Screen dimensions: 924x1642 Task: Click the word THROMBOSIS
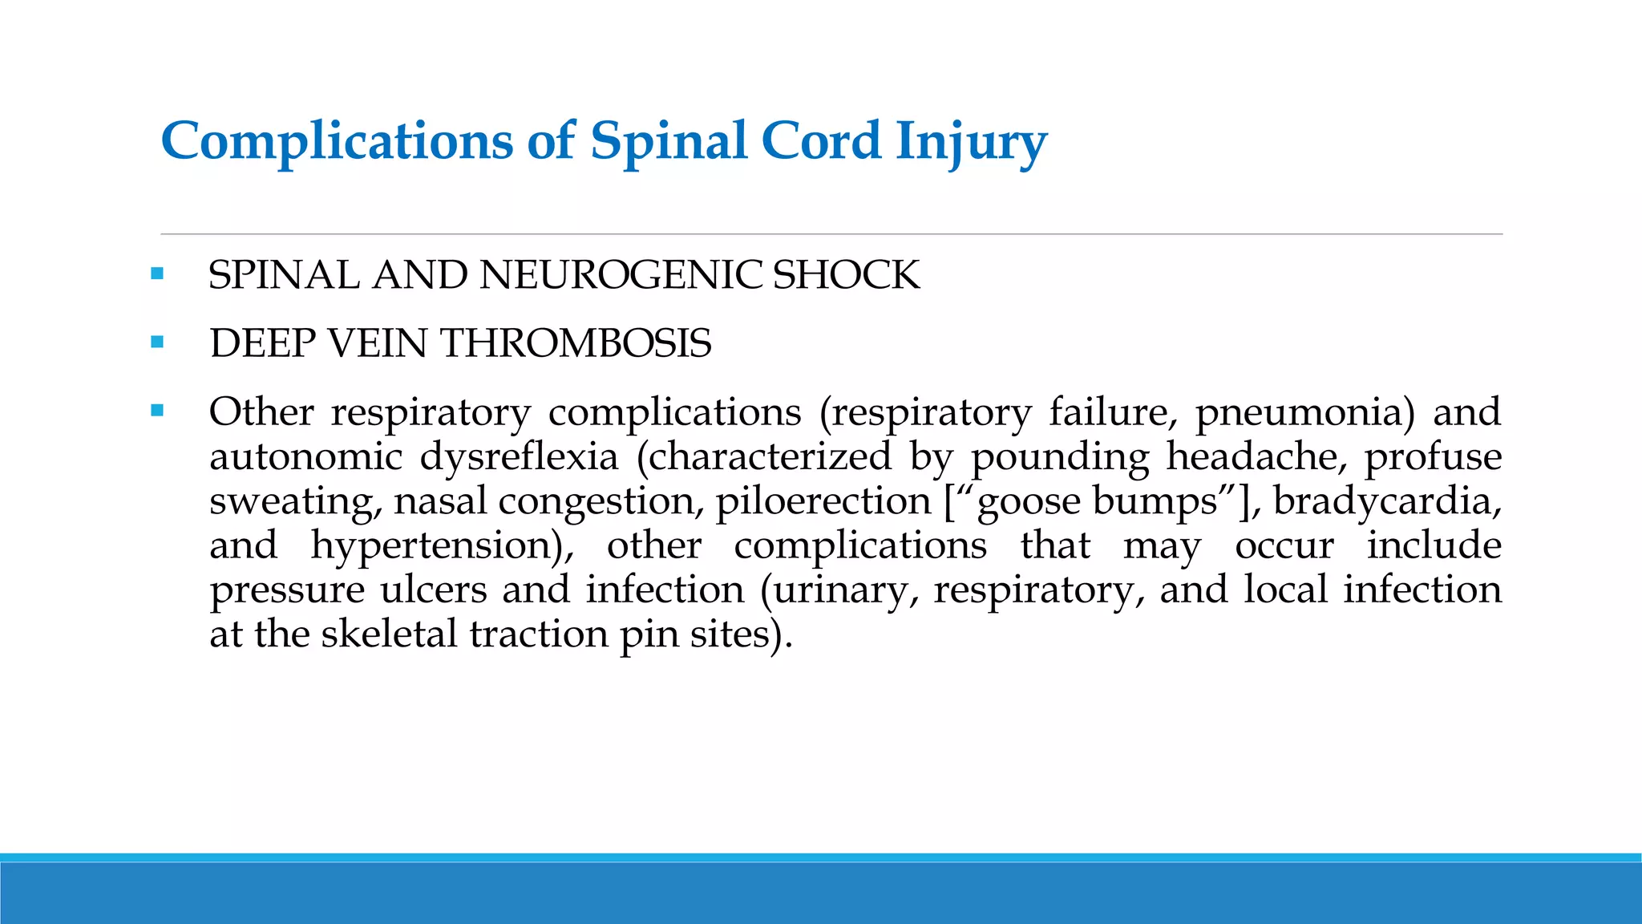pos(576,343)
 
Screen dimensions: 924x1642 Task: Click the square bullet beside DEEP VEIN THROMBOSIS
pos(157,342)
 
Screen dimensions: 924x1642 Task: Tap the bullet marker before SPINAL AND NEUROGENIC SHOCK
pos(157,274)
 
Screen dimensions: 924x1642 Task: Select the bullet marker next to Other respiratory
pos(157,411)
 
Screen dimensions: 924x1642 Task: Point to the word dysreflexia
pos(519,456)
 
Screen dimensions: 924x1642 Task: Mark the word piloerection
pos(823,501)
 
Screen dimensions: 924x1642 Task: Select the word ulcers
pos(433,590)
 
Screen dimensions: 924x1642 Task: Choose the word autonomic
pos(305,456)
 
